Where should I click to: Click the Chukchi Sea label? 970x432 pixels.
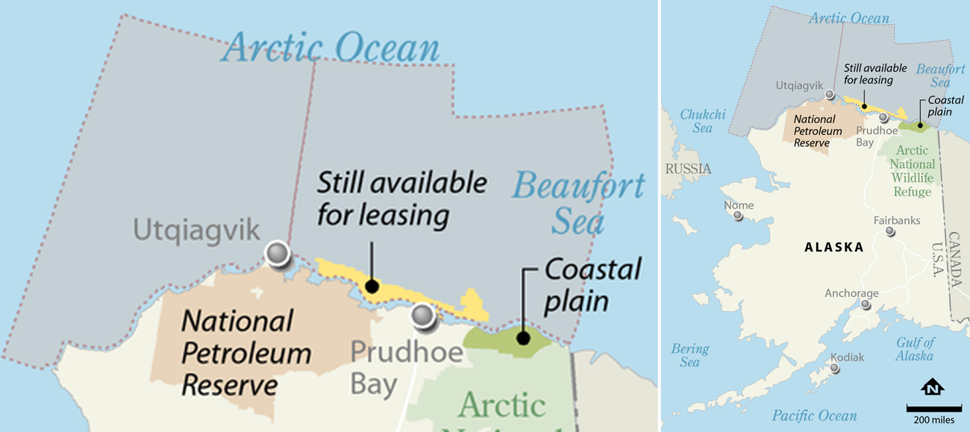click(702, 121)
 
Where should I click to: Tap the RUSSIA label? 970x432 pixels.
click(687, 169)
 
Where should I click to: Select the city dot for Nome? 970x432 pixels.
click(738, 216)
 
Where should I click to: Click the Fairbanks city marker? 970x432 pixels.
click(890, 231)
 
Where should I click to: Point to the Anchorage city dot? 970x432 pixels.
click(866, 304)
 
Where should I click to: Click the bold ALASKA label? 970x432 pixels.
click(833, 248)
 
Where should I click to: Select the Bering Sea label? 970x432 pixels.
click(689, 355)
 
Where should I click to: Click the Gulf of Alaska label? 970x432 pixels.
click(915, 349)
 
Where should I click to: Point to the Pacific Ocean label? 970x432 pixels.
click(814, 416)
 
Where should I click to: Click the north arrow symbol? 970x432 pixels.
click(933, 388)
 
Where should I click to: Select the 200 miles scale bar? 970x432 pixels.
click(933, 408)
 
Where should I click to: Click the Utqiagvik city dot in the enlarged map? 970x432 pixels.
click(278, 254)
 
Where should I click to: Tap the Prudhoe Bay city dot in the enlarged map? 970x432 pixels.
click(424, 316)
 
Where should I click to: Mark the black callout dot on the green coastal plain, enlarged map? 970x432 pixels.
click(523, 338)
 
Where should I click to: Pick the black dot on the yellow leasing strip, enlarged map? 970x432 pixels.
click(371, 287)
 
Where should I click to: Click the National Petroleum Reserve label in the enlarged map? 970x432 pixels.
click(236, 353)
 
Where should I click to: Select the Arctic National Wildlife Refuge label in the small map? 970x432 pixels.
click(912, 171)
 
